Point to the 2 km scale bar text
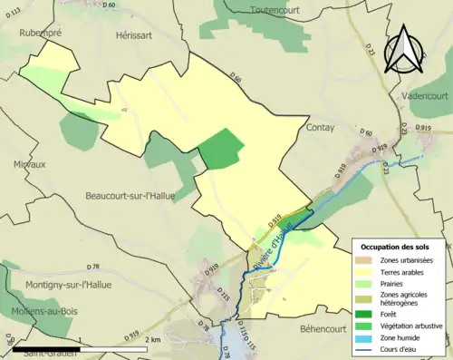click(153, 339)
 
